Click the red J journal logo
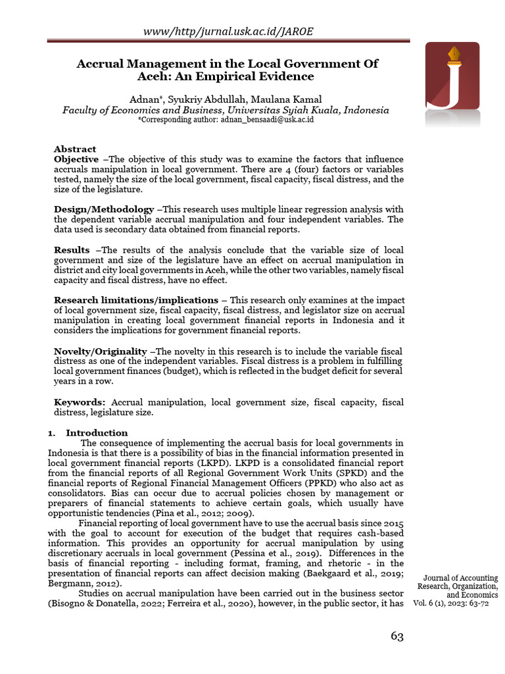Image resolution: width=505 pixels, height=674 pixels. pos(452,82)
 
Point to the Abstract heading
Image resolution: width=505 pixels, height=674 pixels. pos(75,149)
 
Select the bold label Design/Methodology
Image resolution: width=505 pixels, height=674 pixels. pos(104,209)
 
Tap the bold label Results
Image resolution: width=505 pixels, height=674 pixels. pos(72,250)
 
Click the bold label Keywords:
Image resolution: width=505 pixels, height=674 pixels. pos(80,402)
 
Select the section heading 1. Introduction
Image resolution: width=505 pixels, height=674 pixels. pos(89,433)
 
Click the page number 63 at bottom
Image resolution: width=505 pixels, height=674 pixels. pos(397,636)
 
